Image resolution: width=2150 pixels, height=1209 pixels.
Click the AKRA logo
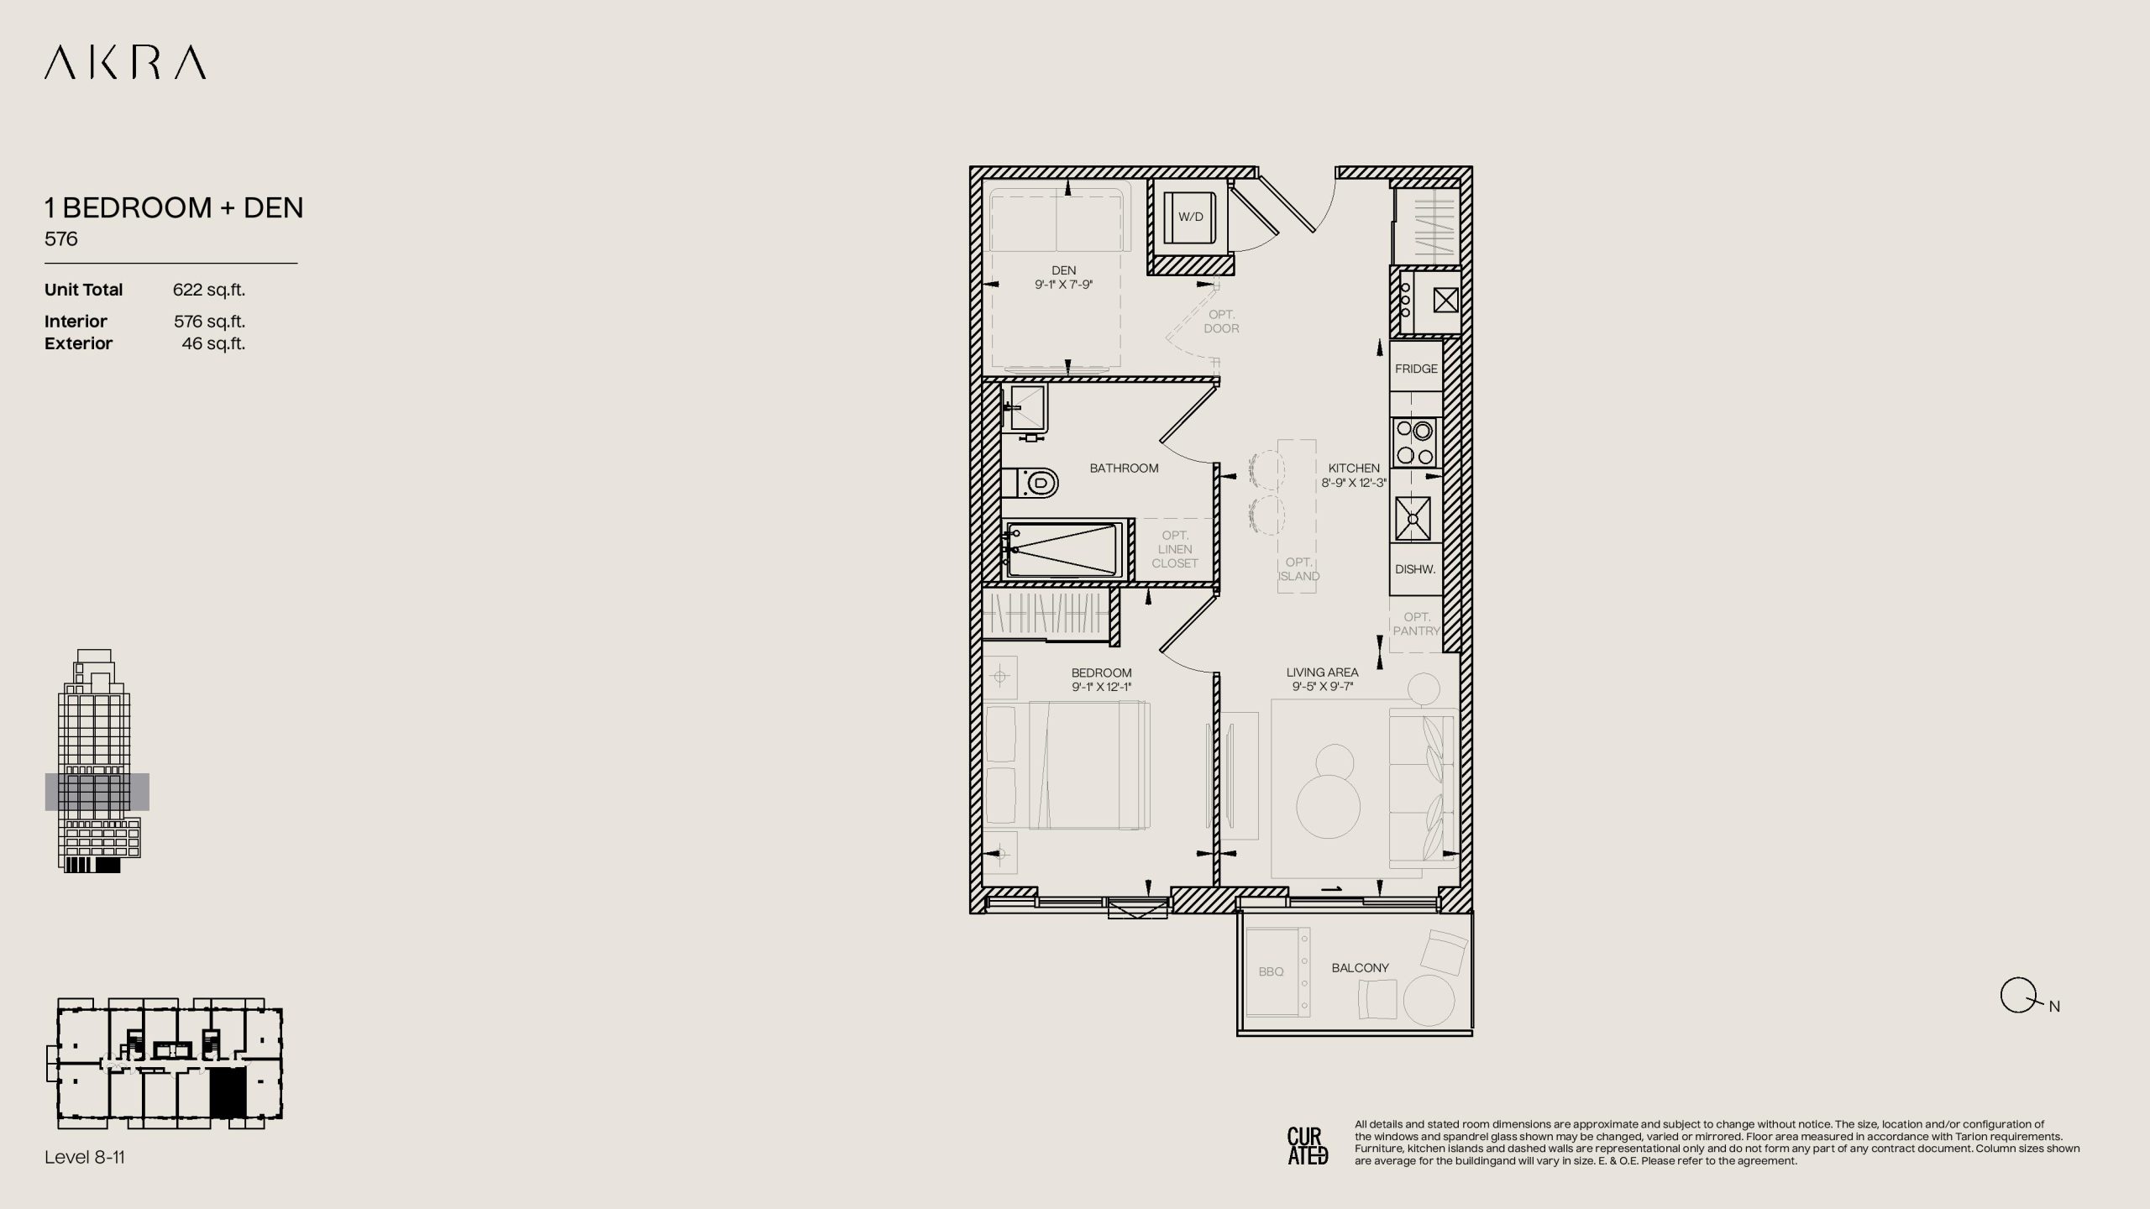pyautogui.click(x=125, y=63)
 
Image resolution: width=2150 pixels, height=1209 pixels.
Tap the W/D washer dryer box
pyautogui.click(x=1190, y=217)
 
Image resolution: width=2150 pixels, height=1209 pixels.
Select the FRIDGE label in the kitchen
pyautogui.click(x=1416, y=369)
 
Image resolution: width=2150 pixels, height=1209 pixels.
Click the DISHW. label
pyautogui.click(x=1415, y=569)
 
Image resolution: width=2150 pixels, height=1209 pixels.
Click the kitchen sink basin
pyautogui.click(x=1413, y=519)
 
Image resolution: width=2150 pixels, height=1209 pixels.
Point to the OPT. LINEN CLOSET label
pyautogui.click(x=1175, y=549)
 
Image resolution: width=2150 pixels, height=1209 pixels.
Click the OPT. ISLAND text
pyautogui.click(x=1298, y=569)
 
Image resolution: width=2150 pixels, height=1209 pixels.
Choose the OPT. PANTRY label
pyautogui.click(x=1416, y=624)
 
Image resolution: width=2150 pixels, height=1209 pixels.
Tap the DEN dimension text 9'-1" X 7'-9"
pyautogui.click(x=1063, y=285)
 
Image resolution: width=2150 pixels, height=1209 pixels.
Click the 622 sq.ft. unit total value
pyautogui.click(x=209, y=290)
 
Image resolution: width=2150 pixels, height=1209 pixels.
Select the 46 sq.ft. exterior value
pyautogui.click(x=213, y=343)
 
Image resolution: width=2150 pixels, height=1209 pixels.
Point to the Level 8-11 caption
pyautogui.click(x=85, y=1157)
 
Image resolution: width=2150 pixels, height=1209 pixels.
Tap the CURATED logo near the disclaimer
pyautogui.click(x=1308, y=1146)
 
